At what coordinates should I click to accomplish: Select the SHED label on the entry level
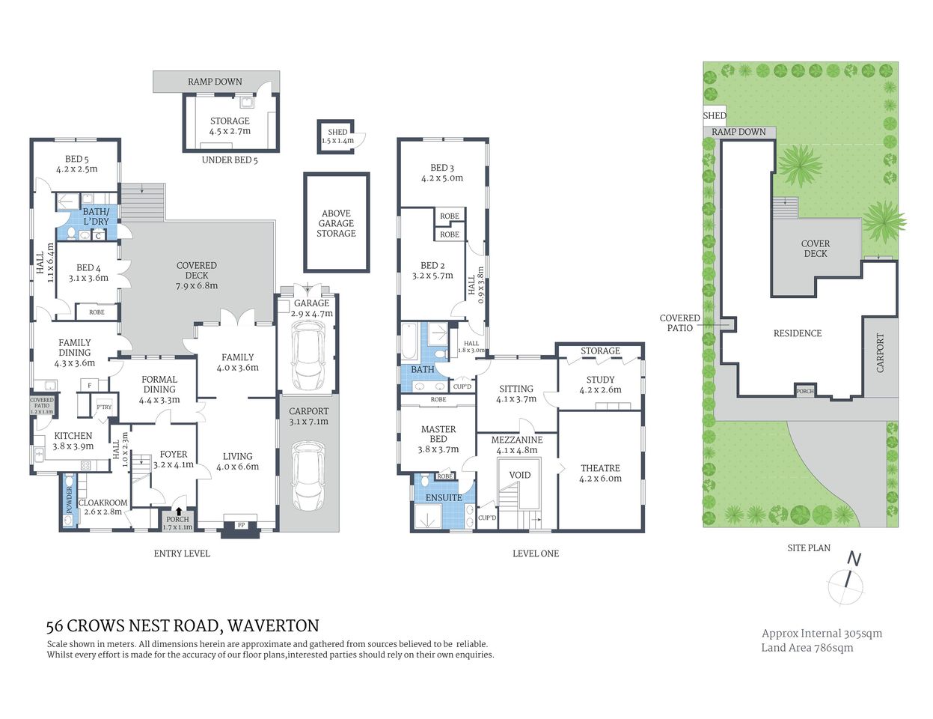pos(337,133)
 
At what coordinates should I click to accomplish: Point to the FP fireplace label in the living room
pos(241,526)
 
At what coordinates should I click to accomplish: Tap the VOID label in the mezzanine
pos(519,475)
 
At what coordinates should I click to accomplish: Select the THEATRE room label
pos(600,468)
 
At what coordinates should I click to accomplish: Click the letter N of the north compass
pos(854,559)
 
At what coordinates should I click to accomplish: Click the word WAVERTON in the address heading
pos(273,625)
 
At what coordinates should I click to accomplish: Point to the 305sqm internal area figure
pos(863,633)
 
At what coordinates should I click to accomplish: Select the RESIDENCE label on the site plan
pos(798,333)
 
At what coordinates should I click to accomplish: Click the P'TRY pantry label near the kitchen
pos(103,407)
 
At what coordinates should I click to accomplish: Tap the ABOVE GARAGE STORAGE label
pos(336,223)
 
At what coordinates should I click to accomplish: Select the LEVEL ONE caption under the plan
pos(536,553)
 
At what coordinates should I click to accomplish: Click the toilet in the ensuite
pos(424,482)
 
